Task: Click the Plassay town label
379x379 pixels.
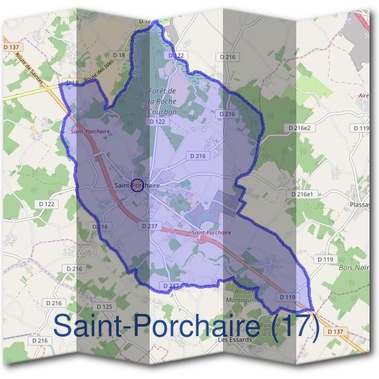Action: click(x=361, y=205)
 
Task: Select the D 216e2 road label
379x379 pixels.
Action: click(x=300, y=128)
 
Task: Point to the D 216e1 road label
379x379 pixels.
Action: click(x=301, y=194)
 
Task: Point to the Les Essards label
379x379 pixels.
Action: click(x=234, y=339)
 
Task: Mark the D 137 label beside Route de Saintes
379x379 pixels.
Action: click(x=11, y=47)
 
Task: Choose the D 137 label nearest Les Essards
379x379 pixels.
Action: click(x=336, y=332)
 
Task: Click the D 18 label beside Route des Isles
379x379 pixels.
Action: click(x=119, y=56)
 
